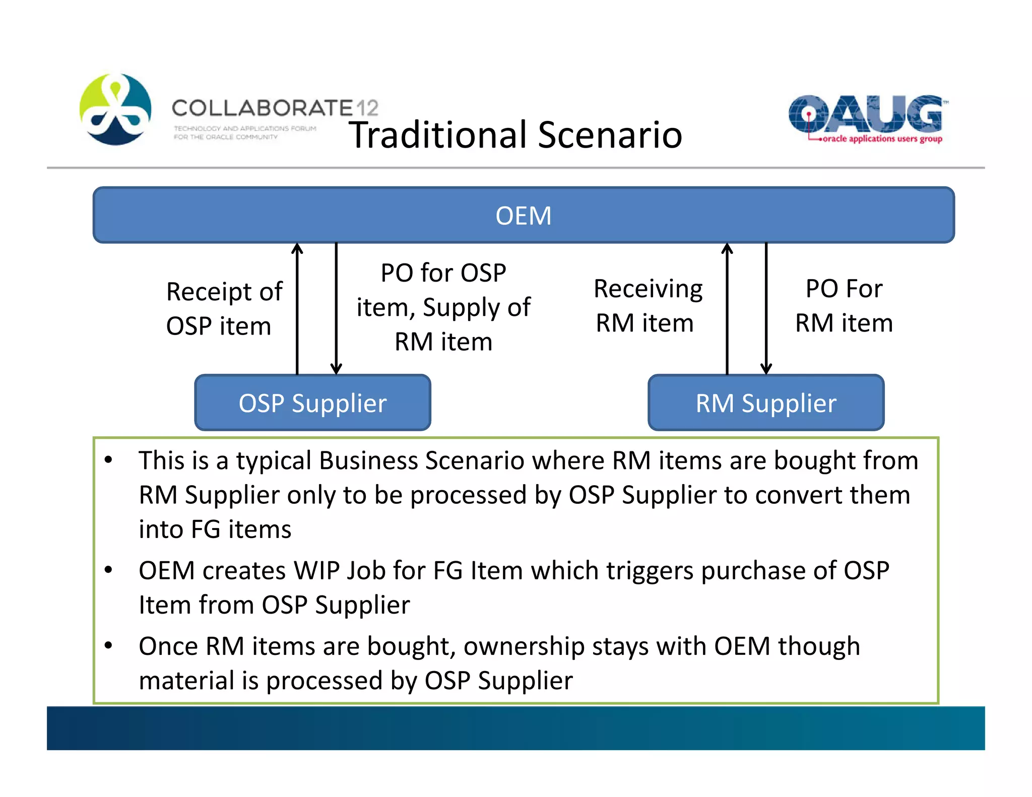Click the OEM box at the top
pos(523,215)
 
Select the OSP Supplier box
pos(312,403)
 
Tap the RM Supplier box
pos(765,403)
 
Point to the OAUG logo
pos(865,114)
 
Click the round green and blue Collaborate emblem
pos(115,109)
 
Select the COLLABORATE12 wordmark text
pos(275,108)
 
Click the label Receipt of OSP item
pos(224,308)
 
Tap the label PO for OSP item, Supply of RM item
pos(443,307)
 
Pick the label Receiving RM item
pos(648,305)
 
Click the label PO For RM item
pos(844,305)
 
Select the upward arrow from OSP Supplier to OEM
pos(297,308)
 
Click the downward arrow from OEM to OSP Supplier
pos(336,308)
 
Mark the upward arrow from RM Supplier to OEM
pos(727,308)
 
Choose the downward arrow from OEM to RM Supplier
pos(766,308)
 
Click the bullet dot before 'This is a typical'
pos(108,459)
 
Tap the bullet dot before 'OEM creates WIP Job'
pos(108,570)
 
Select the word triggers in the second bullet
pos(650,571)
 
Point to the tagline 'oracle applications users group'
pos(882,139)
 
